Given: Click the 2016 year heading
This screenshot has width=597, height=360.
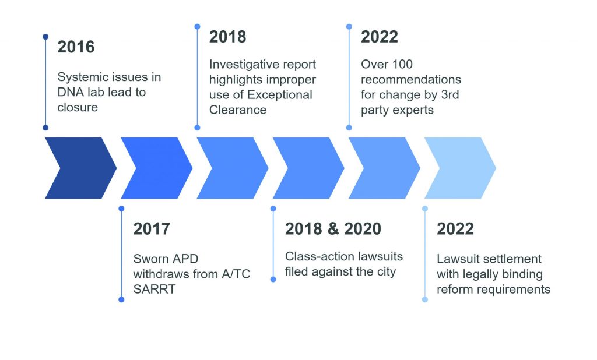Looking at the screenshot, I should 76,47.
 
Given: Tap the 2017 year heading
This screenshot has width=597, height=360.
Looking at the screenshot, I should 152,229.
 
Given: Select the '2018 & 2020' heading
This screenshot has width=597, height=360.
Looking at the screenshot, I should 333,229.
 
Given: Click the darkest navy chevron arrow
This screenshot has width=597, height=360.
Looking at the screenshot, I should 80,168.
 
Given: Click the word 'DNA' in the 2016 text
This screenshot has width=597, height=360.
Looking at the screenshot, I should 71,92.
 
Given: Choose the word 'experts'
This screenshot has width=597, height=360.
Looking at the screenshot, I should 412,110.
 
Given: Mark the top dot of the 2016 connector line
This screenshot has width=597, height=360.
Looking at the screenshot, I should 45,37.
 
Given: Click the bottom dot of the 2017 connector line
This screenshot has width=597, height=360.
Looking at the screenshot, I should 121,299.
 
